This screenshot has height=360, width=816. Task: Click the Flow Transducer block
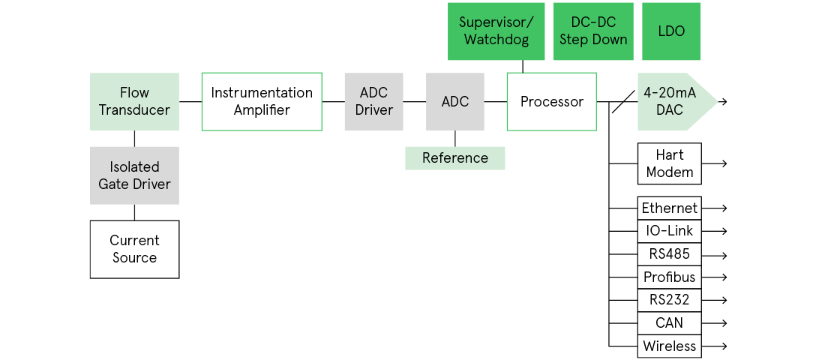pos(134,101)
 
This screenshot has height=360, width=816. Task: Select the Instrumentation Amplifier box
pos(262,101)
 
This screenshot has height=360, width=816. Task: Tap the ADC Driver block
pos(373,101)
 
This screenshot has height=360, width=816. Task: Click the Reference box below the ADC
pos(454,158)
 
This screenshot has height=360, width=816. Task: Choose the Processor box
pos(551,101)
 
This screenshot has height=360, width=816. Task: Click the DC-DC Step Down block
pos(592,31)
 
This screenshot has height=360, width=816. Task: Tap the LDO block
pos(670,31)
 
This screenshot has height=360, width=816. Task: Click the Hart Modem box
pos(669,163)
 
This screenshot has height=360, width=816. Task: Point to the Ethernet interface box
pos(669,208)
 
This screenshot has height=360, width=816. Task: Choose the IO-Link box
pos(669,231)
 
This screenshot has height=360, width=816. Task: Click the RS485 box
pos(669,254)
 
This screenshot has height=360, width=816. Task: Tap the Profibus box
pos(669,277)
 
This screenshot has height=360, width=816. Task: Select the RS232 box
pos(669,300)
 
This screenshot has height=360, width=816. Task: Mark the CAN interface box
pos(669,323)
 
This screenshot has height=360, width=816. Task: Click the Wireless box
pos(669,346)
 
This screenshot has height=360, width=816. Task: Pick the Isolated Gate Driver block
pos(134,175)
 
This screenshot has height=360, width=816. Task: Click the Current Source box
pos(134,249)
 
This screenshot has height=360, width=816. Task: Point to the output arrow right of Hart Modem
pos(715,163)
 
